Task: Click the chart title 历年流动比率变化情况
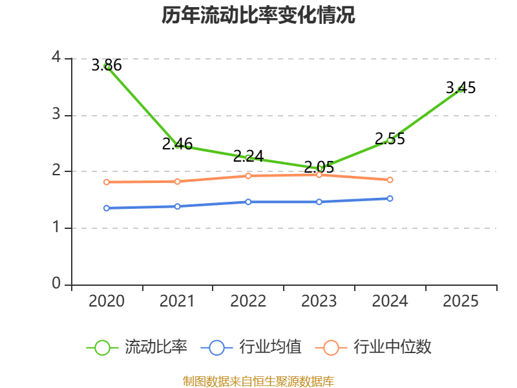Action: coord(258,15)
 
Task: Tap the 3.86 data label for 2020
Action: coord(107,65)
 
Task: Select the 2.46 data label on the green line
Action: coord(177,144)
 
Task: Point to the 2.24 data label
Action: coord(248,156)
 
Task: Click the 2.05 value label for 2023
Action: coord(319,167)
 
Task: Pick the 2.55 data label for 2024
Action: coord(390,138)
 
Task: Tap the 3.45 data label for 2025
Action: coord(461,88)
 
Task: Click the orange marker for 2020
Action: coord(107,182)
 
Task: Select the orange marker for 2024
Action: coord(390,180)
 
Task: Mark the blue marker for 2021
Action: coord(177,206)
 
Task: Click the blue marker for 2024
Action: coord(390,199)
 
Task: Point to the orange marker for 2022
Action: coord(248,176)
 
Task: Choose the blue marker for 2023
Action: coord(319,202)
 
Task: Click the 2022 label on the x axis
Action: coord(248,301)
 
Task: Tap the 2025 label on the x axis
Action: coord(461,301)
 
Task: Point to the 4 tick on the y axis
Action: coord(57,57)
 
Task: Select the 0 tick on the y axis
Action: coord(56,283)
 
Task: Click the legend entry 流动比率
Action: coord(137,347)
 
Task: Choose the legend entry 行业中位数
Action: coord(374,347)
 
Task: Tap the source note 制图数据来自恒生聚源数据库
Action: coord(258,382)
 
